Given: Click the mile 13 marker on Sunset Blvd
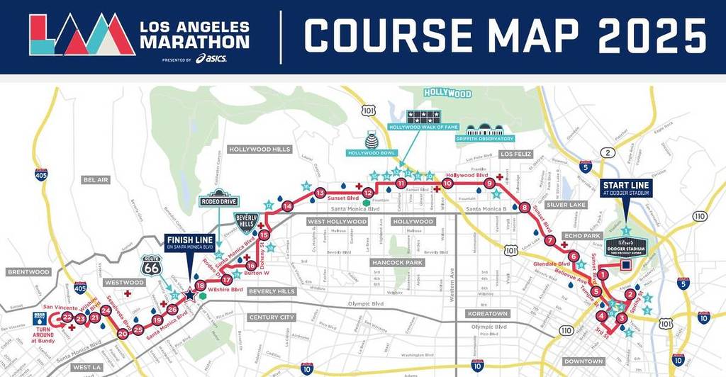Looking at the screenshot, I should (320, 193).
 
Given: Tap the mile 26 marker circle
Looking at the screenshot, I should (172, 309).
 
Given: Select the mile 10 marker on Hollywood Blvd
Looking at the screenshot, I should (447, 184).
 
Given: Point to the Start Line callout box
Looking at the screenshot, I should (626, 188).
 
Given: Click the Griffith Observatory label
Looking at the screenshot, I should (486, 139).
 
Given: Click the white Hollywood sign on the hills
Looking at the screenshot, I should (447, 93).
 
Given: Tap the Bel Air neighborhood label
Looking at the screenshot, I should (96, 180).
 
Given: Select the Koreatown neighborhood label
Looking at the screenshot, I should (487, 313).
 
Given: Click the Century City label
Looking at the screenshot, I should (272, 317).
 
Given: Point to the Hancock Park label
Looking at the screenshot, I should (397, 263).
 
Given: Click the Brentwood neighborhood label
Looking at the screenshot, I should (28, 271).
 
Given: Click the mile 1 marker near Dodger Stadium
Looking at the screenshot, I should (603, 275).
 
